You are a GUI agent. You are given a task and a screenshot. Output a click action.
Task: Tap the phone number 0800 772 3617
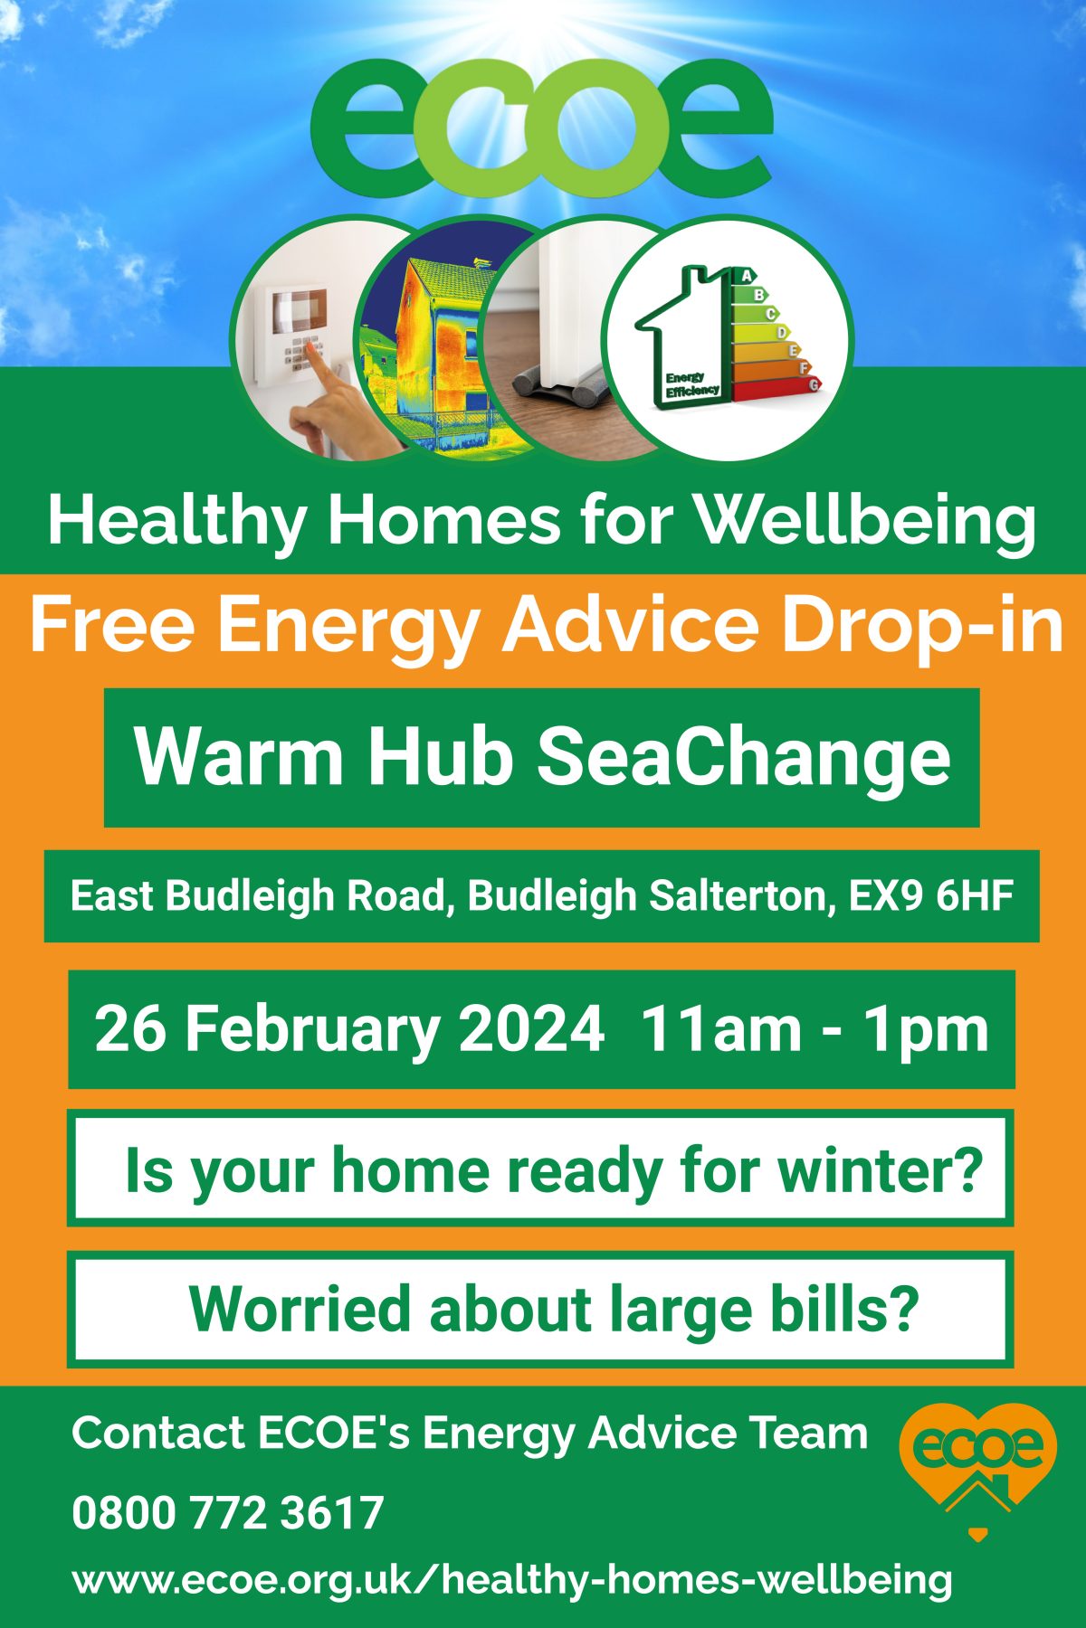228,1513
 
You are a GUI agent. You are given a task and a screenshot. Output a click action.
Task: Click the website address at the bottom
512,1580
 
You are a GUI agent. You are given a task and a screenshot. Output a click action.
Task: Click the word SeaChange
744,758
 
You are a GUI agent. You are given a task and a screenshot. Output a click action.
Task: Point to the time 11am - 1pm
814,1030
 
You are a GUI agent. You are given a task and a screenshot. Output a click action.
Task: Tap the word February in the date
312,1030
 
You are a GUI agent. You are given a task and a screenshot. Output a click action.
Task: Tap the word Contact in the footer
158,1434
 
